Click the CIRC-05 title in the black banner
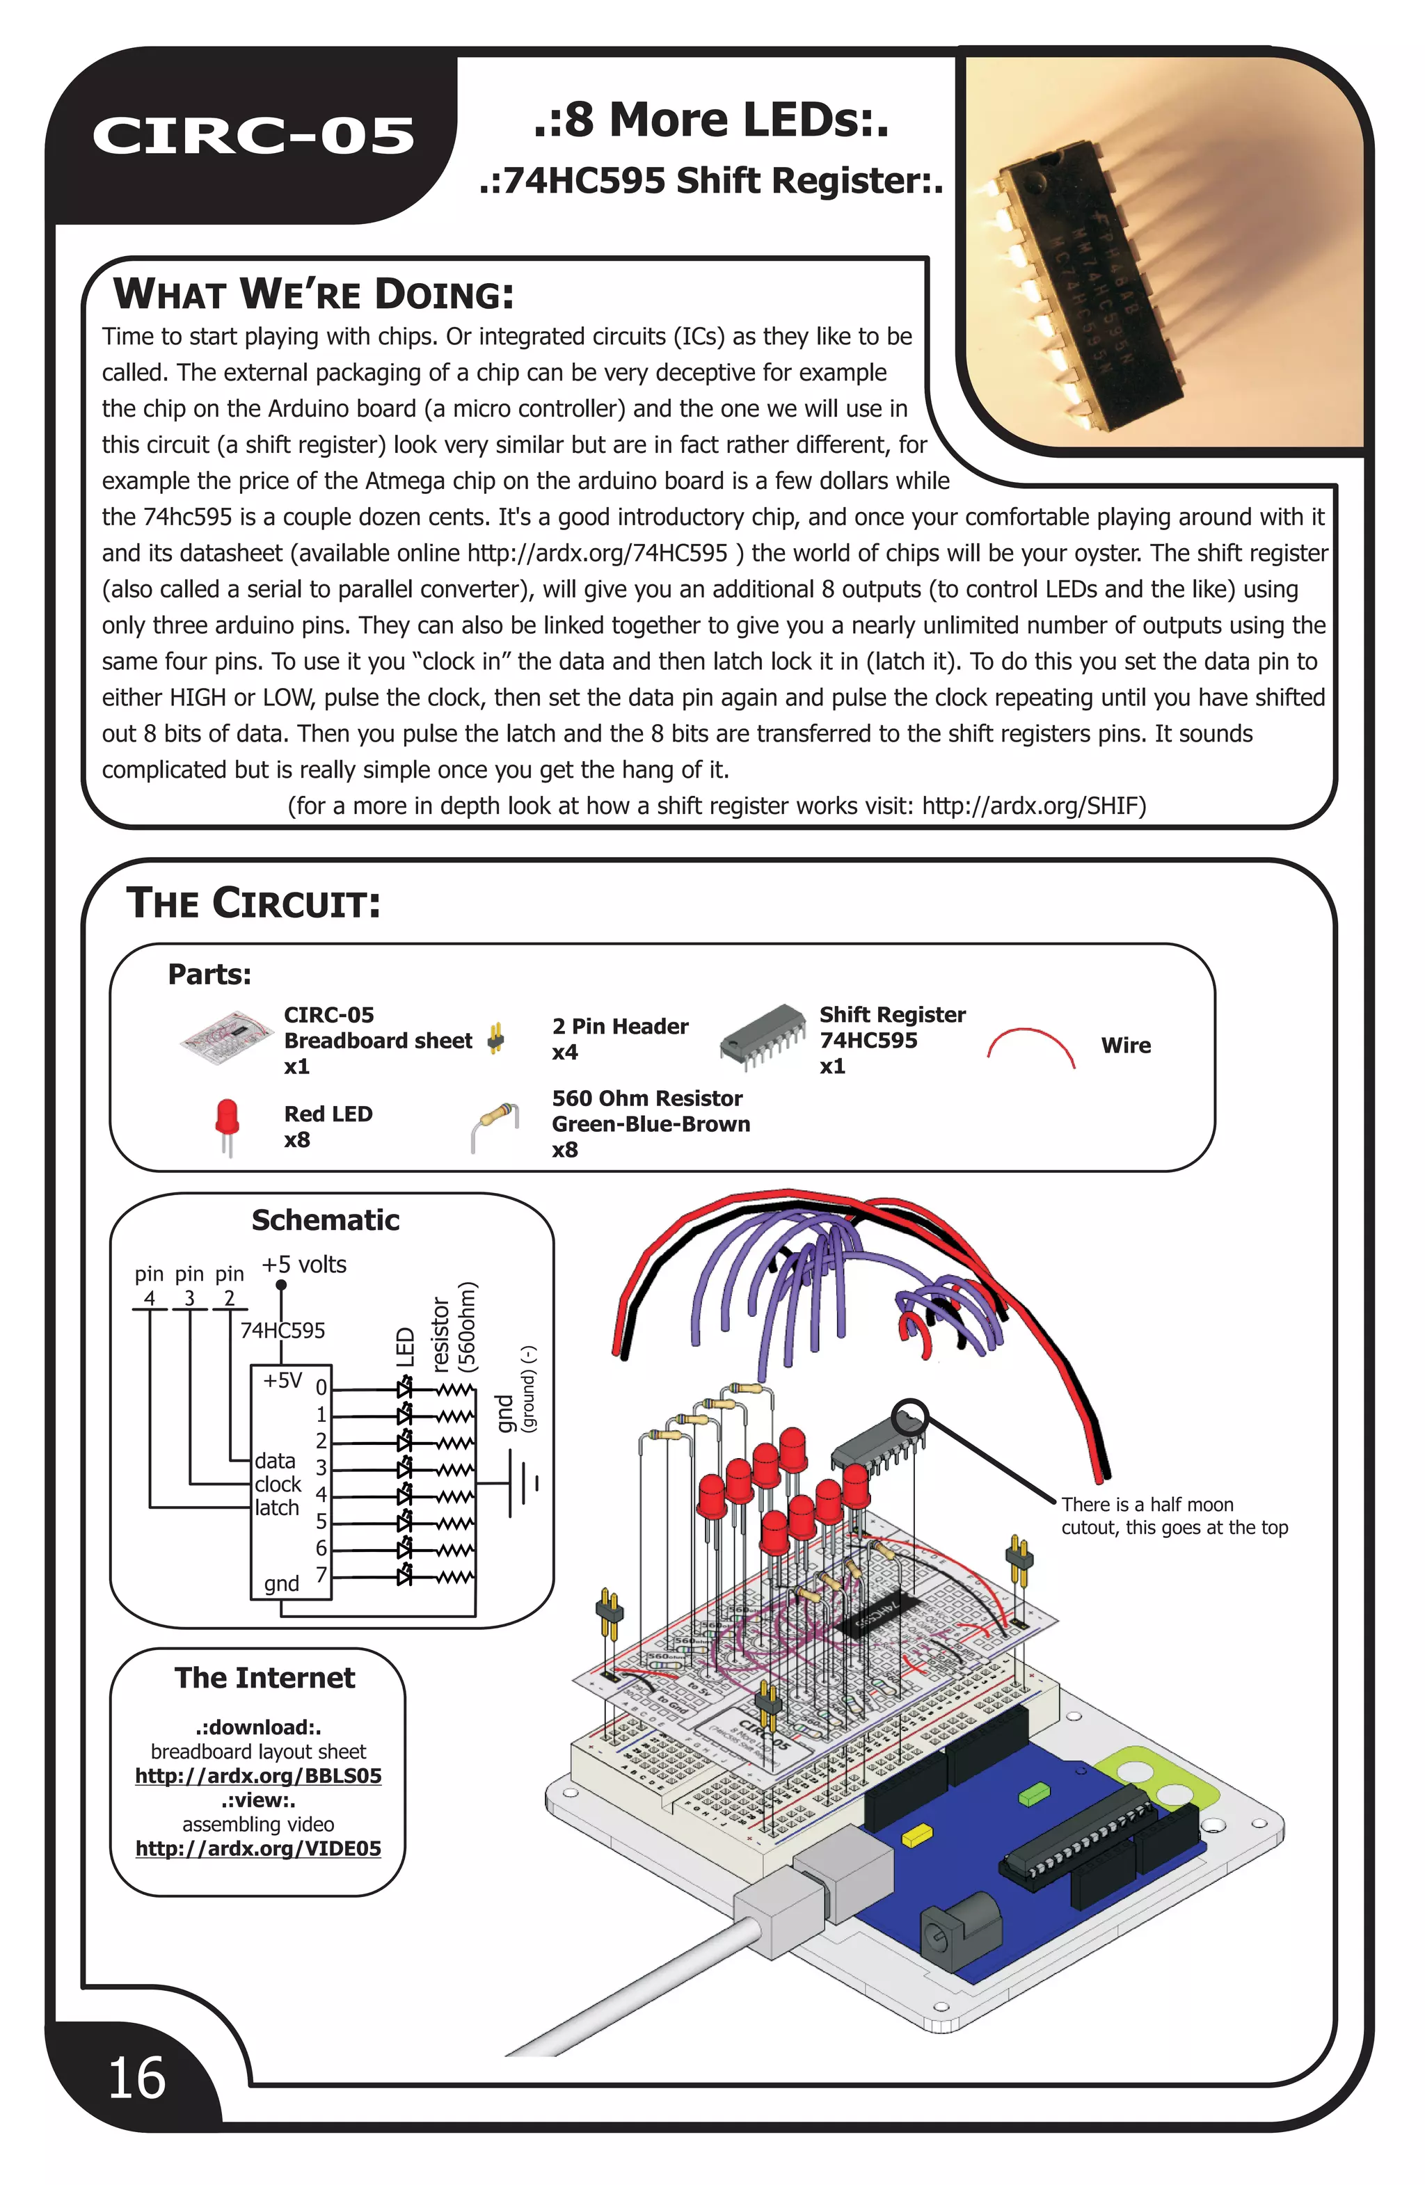pyautogui.click(x=253, y=136)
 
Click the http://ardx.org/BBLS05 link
pyautogui.click(x=258, y=1775)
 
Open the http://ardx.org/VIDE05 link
pyautogui.click(x=258, y=1848)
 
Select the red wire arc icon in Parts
pyautogui.click(x=1030, y=1047)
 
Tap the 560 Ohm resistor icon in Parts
pyautogui.click(x=495, y=1125)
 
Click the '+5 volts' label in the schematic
pyautogui.click(x=304, y=1265)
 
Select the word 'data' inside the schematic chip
pyautogui.click(x=276, y=1461)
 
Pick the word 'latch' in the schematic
pyautogui.click(x=278, y=1507)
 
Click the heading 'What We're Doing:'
pyautogui.click(x=313, y=295)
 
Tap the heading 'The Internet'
pyautogui.click(x=264, y=1678)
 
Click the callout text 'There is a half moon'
pyautogui.click(x=1147, y=1505)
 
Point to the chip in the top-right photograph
pyautogui.click(x=1088, y=285)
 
